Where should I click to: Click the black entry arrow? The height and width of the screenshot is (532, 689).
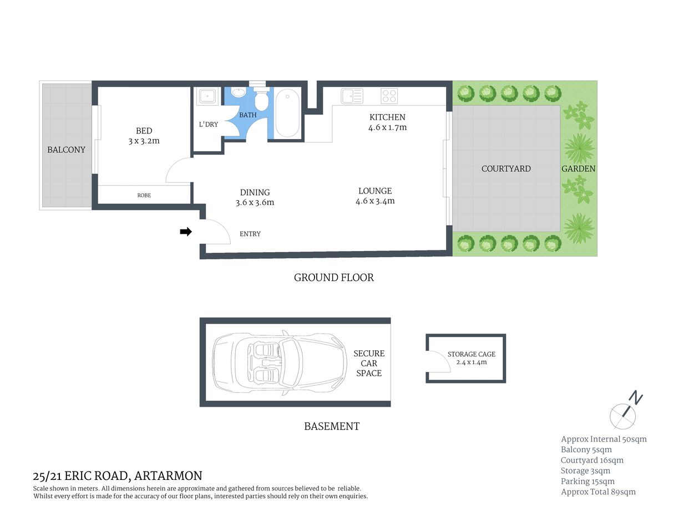(x=186, y=232)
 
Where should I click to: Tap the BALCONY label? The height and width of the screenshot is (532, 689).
(x=66, y=150)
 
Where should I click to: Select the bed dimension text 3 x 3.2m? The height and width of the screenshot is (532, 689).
(x=144, y=141)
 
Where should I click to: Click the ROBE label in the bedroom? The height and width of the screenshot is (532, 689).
(x=144, y=195)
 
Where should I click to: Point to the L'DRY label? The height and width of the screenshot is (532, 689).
(x=208, y=124)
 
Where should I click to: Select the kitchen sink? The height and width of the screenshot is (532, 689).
(x=352, y=96)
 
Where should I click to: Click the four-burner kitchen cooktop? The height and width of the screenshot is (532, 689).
(x=389, y=96)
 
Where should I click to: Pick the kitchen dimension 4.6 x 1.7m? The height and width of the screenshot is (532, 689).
(x=387, y=127)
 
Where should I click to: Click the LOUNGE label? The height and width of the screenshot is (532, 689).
(x=375, y=191)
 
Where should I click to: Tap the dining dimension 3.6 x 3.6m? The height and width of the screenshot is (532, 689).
(x=255, y=203)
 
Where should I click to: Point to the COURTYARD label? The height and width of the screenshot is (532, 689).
(x=506, y=168)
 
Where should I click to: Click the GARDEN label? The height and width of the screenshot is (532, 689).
(x=578, y=168)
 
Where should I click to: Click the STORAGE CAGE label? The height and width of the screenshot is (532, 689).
(x=471, y=354)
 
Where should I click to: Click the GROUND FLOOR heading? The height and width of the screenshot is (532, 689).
(x=333, y=278)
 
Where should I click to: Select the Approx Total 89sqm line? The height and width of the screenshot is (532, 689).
(x=598, y=492)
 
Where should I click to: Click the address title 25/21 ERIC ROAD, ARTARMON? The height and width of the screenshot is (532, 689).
(x=118, y=475)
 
